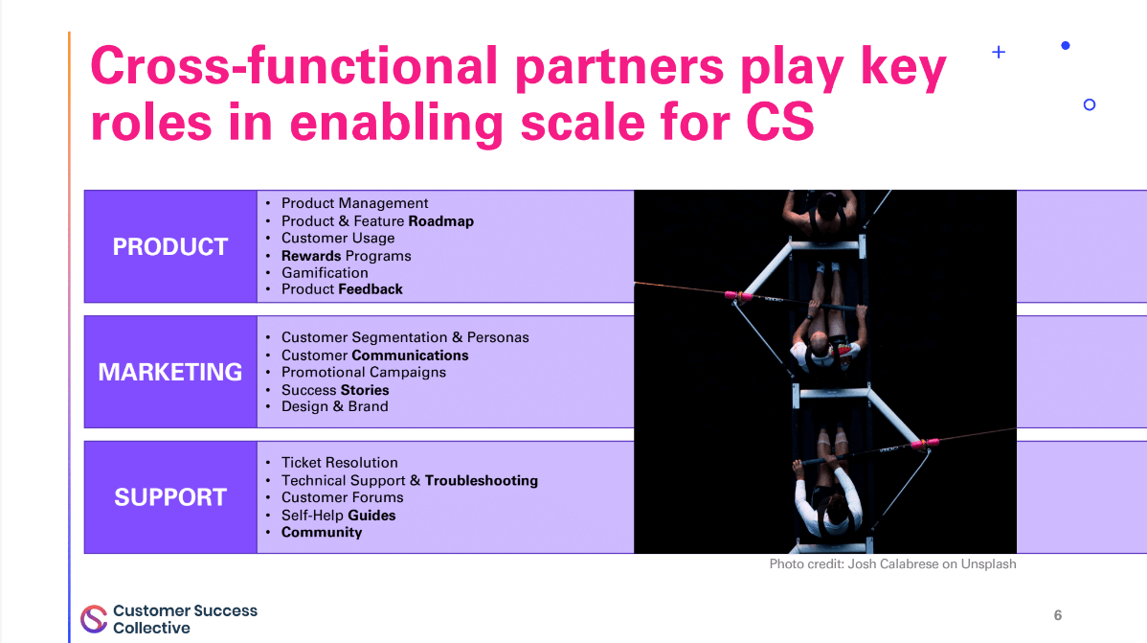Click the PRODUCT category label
(x=170, y=246)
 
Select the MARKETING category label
(x=170, y=372)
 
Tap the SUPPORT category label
(x=170, y=497)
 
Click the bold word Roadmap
(x=440, y=220)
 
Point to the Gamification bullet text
(x=325, y=272)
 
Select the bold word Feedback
(x=371, y=288)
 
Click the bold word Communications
(x=410, y=355)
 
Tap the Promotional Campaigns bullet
(x=363, y=372)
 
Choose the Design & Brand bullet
(x=334, y=406)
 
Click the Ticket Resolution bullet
(x=339, y=462)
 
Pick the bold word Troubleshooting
(x=481, y=480)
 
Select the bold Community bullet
(x=322, y=532)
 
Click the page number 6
(x=1058, y=615)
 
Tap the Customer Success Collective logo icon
(x=94, y=619)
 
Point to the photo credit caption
(x=892, y=564)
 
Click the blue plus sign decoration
(x=999, y=53)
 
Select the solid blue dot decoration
(x=1066, y=45)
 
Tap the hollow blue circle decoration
(x=1089, y=104)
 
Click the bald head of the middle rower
(x=821, y=344)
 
